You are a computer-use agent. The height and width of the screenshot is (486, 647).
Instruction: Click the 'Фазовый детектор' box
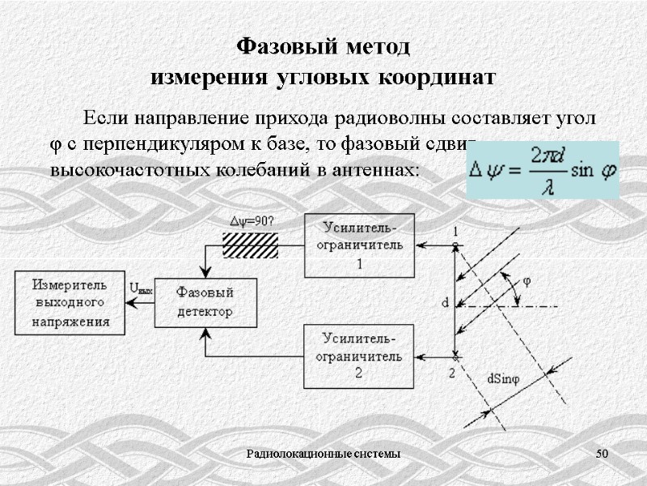[205, 302]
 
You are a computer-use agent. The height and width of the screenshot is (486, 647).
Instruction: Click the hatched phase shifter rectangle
[250, 245]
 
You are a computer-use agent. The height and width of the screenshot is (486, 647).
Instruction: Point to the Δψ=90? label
[252, 220]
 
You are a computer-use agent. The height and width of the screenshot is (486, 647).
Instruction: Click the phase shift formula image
[542, 169]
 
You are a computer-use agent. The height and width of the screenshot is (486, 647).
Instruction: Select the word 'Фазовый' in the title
[278, 47]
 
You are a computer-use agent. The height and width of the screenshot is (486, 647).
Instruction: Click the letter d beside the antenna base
[445, 303]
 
